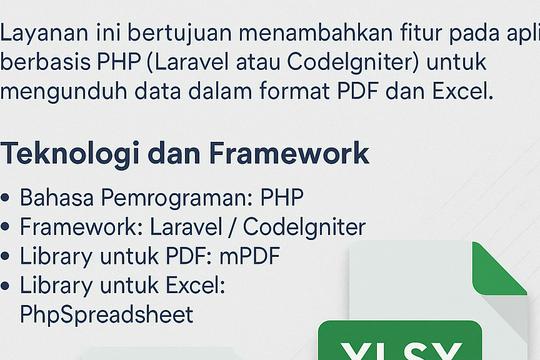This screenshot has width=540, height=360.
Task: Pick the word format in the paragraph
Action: coord(300,93)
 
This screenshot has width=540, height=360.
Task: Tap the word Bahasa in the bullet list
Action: coord(54,197)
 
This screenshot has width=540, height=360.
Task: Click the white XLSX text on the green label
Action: coord(400,351)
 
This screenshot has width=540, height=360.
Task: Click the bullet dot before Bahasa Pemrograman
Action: coord(8,198)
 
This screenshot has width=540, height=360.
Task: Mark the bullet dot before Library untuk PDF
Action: coord(8,258)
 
